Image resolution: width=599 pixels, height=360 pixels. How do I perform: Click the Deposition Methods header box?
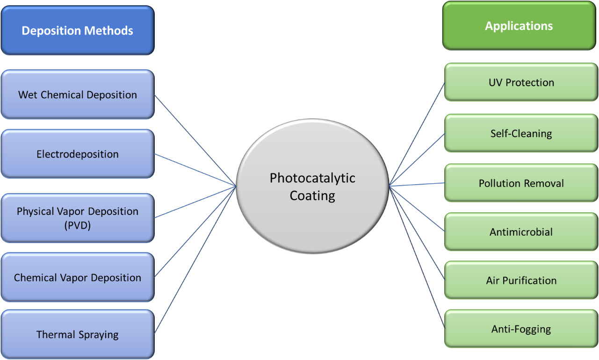(77, 31)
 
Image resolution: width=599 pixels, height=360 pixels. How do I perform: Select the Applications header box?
(519, 26)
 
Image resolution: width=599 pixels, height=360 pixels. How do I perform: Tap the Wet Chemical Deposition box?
(77, 94)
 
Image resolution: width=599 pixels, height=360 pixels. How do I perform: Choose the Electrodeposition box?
(77, 154)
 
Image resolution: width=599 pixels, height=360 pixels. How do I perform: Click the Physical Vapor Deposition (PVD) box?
(77, 218)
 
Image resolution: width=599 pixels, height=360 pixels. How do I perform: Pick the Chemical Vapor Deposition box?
(77, 277)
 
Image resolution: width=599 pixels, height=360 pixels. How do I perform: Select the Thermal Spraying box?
(77, 334)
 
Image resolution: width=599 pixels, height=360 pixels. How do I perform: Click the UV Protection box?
(521, 82)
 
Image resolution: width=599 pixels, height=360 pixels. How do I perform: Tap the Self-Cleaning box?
(521, 133)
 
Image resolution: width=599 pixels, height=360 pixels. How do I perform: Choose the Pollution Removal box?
(521, 183)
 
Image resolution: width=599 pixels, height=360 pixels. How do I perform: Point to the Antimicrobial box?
(521, 231)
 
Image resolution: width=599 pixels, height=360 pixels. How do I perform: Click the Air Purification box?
(521, 280)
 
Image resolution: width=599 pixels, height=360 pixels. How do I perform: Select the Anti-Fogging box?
(521, 329)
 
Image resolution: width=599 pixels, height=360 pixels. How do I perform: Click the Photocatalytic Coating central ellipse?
(312, 206)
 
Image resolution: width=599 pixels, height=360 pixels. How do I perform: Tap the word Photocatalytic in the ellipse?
(312, 178)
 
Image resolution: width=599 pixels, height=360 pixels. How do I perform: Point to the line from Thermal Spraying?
(194, 259)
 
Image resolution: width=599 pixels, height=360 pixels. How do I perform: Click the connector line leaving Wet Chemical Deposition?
(194, 140)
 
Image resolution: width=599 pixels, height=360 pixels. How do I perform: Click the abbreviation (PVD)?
(77, 225)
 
